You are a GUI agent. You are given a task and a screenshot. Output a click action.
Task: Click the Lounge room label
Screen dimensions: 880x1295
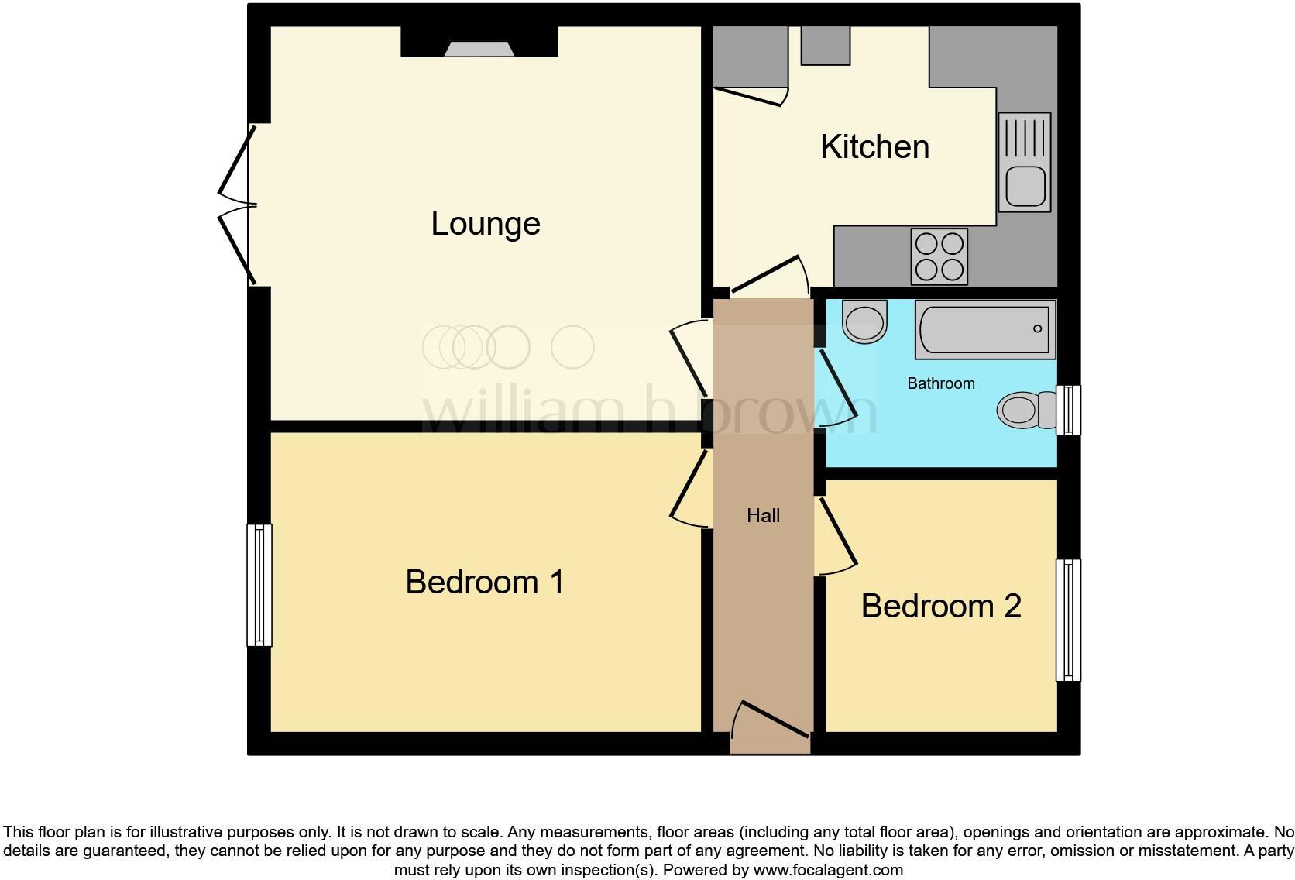tap(486, 224)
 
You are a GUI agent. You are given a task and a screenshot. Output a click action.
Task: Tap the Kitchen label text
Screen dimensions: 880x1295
tap(874, 147)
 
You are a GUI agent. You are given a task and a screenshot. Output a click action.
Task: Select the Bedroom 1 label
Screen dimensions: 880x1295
tap(485, 582)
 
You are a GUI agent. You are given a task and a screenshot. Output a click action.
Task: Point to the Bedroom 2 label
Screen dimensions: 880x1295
tap(941, 606)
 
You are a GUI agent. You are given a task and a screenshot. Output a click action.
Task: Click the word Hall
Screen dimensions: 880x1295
tap(763, 516)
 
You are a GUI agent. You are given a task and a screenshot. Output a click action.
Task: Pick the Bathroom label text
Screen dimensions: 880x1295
tap(940, 383)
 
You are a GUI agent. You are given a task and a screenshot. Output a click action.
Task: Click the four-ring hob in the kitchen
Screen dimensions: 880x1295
tap(939, 256)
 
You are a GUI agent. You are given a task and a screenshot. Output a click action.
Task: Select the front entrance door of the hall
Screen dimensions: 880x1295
tap(771, 720)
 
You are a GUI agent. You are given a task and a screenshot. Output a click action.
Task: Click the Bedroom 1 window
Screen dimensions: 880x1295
tap(259, 585)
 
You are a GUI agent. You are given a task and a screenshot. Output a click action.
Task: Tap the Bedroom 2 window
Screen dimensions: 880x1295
tap(1068, 620)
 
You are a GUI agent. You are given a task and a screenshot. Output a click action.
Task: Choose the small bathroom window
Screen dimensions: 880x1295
tap(1069, 410)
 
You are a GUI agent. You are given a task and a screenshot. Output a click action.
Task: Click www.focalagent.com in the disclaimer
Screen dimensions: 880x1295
tap(827, 870)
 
